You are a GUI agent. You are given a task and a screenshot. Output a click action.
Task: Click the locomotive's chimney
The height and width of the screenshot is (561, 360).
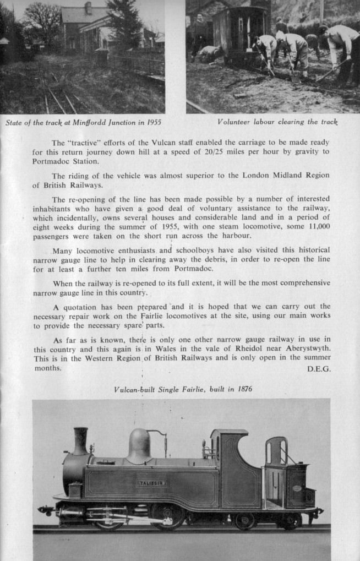click(80, 440)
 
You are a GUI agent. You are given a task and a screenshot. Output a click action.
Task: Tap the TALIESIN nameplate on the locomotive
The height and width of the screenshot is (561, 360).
click(151, 483)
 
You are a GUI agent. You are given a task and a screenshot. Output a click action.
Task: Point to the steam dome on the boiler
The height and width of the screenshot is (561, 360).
click(139, 445)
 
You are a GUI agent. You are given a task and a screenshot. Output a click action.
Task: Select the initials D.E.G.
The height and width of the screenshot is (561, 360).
click(319, 369)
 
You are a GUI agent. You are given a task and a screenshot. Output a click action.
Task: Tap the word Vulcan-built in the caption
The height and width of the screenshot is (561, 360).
click(134, 389)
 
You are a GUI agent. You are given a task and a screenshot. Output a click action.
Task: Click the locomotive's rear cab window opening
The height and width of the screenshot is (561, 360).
click(276, 451)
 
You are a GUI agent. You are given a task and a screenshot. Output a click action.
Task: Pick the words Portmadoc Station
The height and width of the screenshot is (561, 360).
click(58, 161)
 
